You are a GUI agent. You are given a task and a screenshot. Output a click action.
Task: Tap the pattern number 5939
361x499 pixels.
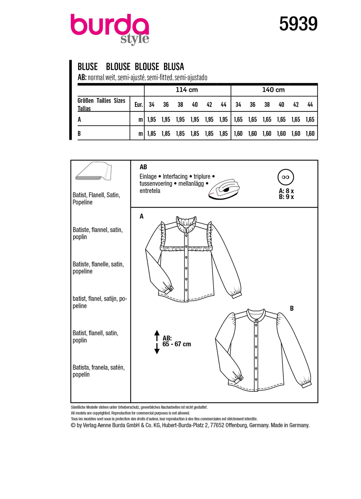(x=298, y=24)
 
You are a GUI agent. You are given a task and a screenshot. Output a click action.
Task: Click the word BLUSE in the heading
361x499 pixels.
(x=88, y=67)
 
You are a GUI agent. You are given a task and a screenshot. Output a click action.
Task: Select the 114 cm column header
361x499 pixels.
(x=187, y=90)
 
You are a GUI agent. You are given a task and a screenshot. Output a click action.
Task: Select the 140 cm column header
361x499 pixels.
(x=273, y=90)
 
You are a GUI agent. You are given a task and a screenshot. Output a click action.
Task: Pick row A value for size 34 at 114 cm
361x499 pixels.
(x=151, y=119)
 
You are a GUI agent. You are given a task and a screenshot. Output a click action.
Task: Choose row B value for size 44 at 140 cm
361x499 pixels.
(x=310, y=133)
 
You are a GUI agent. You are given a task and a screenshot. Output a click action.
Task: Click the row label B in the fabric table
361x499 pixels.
(x=79, y=133)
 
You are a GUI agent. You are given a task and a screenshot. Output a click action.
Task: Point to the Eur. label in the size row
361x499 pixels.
(x=138, y=105)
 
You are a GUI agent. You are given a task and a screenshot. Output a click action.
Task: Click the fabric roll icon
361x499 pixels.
(x=94, y=171)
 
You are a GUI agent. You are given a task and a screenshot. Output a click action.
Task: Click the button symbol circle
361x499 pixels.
(x=285, y=177)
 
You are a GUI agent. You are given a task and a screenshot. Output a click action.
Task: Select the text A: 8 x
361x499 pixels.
(x=286, y=191)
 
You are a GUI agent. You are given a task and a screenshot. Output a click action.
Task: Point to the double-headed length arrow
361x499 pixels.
(x=157, y=342)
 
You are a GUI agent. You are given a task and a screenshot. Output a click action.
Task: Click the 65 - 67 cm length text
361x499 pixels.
(x=176, y=344)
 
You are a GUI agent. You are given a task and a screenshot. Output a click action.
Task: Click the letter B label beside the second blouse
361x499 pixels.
(x=292, y=308)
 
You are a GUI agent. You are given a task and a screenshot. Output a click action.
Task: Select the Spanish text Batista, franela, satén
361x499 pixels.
(x=99, y=367)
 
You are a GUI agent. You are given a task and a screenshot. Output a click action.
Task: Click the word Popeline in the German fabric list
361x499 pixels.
(x=83, y=202)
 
